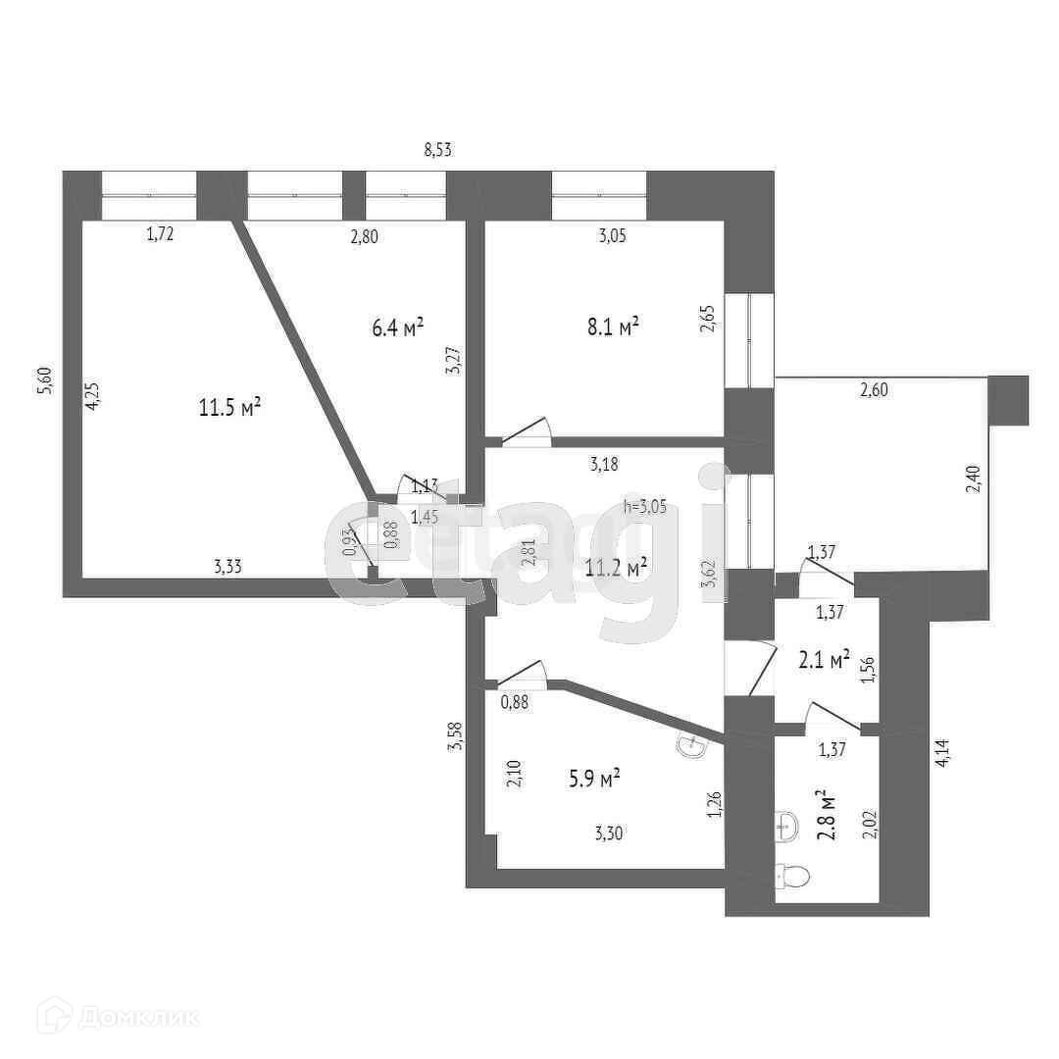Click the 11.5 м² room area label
(229, 407)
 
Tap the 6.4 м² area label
(397, 328)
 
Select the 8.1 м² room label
(613, 327)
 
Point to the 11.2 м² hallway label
(616, 567)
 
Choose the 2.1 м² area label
(824, 661)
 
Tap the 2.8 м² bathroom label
(827, 816)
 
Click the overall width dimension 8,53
(437, 150)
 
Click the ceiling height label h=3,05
(645, 506)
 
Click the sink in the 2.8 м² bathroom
(785, 827)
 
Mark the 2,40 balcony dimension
(971, 480)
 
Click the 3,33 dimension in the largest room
(229, 565)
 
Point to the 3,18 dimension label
(604, 465)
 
